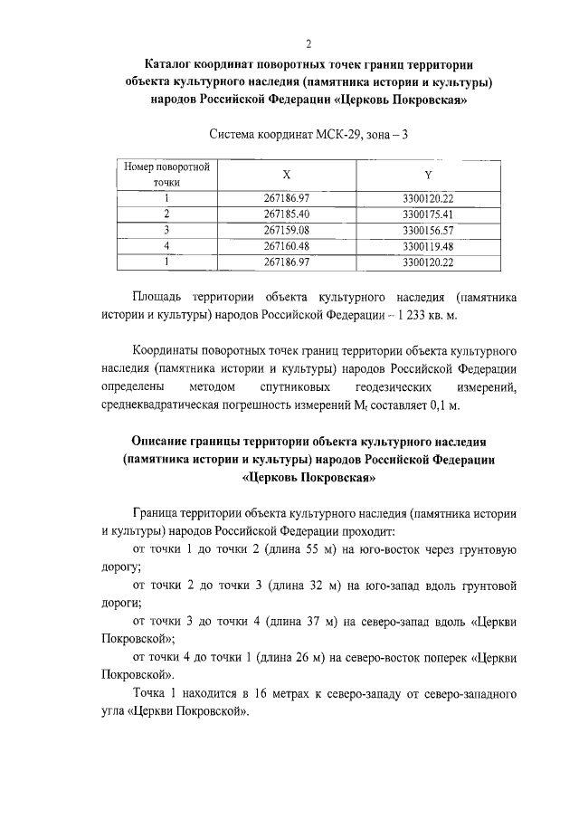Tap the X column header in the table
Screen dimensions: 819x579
coord(287,176)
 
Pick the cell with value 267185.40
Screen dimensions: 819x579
coord(287,214)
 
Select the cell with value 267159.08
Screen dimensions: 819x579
coord(287,230)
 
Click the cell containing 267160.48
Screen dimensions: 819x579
coord(287,246)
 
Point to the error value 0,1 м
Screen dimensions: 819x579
coord(442,405)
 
